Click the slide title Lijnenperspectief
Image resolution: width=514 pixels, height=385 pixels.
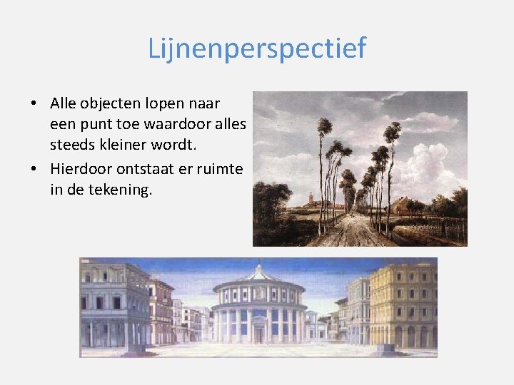pos(257,48)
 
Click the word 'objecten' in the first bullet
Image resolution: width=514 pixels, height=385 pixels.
pos(113,104)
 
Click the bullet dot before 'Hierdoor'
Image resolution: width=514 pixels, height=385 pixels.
pos(34,170)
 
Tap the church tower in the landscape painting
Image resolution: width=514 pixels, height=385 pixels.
pos(312,197)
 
